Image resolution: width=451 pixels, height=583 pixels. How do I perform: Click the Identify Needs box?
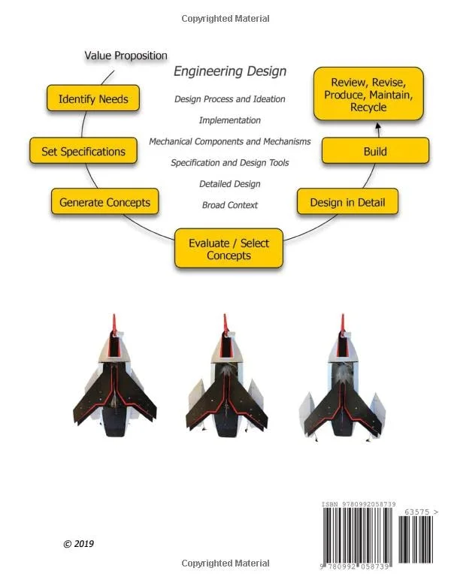(93, 99)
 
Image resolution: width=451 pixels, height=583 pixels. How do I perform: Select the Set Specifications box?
(83, 151)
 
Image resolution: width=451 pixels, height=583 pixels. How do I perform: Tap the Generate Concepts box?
(104, 202)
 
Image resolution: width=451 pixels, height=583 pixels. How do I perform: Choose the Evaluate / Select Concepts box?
(229, 249)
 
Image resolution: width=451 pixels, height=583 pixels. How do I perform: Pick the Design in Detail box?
(347, 202)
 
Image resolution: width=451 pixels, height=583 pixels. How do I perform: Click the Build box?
(375, 151)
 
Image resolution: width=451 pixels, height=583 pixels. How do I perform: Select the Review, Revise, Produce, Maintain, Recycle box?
(368, 95)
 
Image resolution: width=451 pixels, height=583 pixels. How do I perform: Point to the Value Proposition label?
(126, 56)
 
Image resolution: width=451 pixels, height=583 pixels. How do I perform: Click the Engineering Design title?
(230, 72)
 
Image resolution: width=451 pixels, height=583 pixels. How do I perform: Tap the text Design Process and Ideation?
(230, 98)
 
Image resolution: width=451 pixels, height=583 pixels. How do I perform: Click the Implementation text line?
(230, 120)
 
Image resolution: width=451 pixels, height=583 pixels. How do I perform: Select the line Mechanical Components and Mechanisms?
(230, 141)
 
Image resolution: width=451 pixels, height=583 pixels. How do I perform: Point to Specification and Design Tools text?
(230, 162)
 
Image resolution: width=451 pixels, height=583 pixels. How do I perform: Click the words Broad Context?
(230, 204)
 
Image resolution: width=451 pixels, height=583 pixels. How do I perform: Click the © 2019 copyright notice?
(78, 544)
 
